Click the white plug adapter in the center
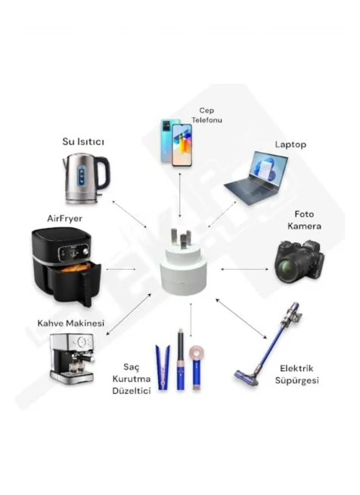click(x=183, y=263)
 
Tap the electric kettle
click(x=86, y=178)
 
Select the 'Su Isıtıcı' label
click(x=83, y=142)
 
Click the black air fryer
click(x=66, y=266)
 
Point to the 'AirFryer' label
click(x=65, y=218)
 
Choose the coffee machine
click(x=72, y=359)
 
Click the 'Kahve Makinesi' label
click(x=71, y=323)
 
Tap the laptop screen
click(x=268, y=167)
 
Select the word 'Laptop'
click(x=290, y=144)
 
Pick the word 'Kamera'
click(x=304, y=226)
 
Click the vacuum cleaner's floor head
click(x=247, y=378)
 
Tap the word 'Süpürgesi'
click(x=296, y=380)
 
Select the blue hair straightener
click(x=163, y=368)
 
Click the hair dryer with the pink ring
click(x=197, y=367)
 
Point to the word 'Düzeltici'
click(x=132, y=391)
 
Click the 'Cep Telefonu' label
click(x=206, y=115)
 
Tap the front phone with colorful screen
click(x=182, y=145)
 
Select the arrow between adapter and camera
click(x=244, y=269)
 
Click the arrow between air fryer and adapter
click(x=121, y=269)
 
